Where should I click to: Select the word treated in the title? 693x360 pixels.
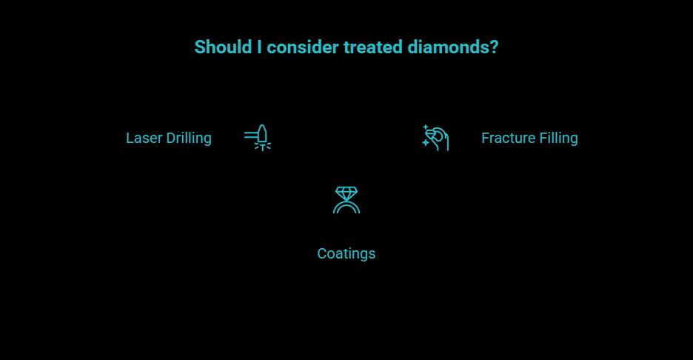[373, 47]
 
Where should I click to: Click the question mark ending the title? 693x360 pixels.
[494, 47]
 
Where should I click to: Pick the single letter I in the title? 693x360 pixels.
[259, 47]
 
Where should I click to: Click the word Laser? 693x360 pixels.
[144, 139]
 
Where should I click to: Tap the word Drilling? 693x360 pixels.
[189, 139]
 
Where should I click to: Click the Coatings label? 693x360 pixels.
[346, 254]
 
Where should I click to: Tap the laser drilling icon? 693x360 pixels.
[258, 138]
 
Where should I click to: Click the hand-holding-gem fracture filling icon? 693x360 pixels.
[436, 138]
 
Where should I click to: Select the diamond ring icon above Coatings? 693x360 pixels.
[346, 200]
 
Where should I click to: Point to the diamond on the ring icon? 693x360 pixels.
[346, 193]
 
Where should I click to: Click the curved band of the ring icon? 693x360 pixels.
[346, 207]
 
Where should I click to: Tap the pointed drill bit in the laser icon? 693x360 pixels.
[262, 133]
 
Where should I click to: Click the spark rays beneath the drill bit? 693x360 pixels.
[262, 147]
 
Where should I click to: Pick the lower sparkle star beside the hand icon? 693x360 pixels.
[426, 144]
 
